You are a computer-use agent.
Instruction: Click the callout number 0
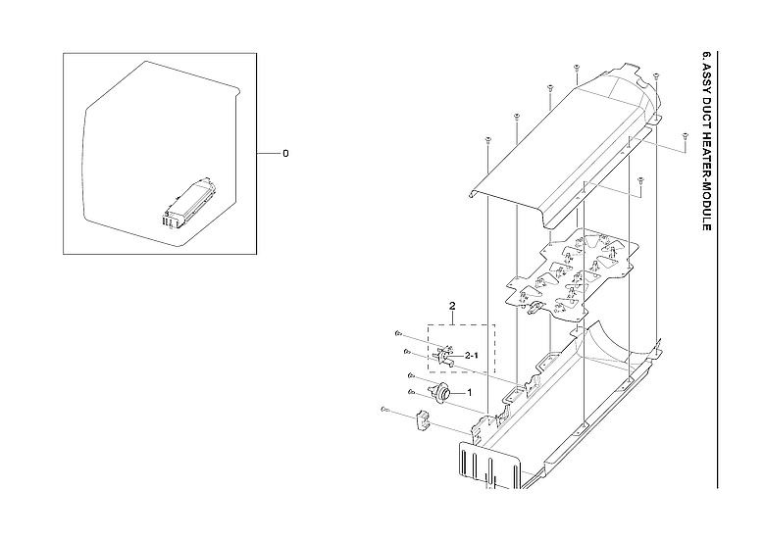tap(285, 154)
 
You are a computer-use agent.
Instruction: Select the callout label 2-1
tap(472, 355)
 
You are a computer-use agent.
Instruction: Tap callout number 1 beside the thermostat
tap(469, 393)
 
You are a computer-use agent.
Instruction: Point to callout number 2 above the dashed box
tap(452, 307)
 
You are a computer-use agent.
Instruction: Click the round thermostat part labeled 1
tap(440, 393)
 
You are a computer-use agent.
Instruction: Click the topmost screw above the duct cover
tap(577, 68)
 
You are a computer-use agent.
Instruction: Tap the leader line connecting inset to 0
tap(262, 154)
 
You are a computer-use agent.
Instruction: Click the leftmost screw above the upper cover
tap(486, 140)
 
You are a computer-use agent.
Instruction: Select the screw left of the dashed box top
tap(400, 333)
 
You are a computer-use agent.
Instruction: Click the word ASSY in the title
tap(706, 77)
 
